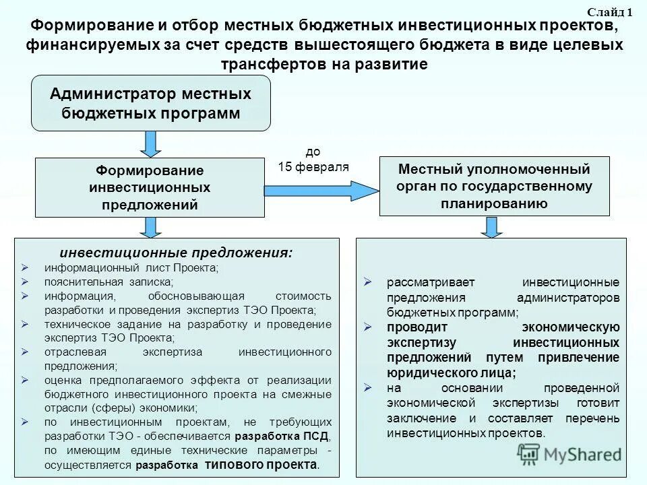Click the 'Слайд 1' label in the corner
coord(610,12)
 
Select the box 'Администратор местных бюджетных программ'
coord(151,103)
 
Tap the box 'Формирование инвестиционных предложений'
coord(150,187)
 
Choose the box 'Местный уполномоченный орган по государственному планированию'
coord(495,186)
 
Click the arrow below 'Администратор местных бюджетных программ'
coord(150,143)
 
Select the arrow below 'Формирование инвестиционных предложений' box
coord(150,227)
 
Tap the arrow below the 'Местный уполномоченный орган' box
coord(492,227)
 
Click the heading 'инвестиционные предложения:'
coord(177,253)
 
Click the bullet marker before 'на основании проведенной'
coord(367,388)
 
